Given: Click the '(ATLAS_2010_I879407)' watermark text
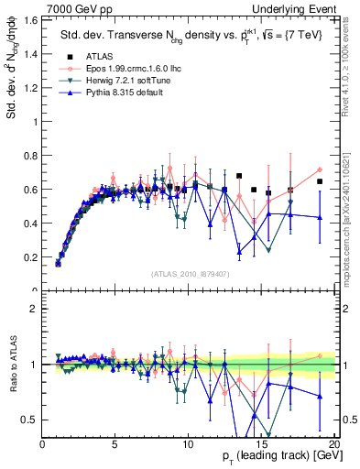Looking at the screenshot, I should tap(190, 272).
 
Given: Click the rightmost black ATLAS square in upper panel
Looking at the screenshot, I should tap(320, 181).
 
